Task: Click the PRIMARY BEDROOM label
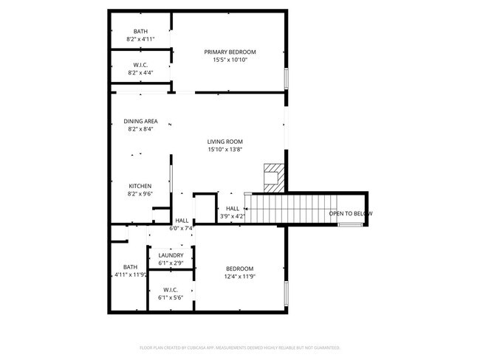pyautogui.click(x=230, y=52)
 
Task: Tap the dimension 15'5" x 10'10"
pyautogui.click(x=230, y=60)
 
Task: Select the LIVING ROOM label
pyautogui.click(x=225, y=142)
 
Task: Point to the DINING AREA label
pyautogui.click(x=140, y=121)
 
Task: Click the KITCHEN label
pyautogui.click(x=140, y=186)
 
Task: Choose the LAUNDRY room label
pyautogui.click(x=171, y=255)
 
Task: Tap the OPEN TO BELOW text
pyautogui.click(x=350, y=214)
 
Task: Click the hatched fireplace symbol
pyautogui.click(x=273, y=177)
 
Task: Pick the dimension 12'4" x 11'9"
pyautogui.click(x=240, y=277)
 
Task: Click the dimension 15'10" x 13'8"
pyautogui.click(x=225, y=150)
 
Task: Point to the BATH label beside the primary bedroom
pyautogui.click(x=140, y=31)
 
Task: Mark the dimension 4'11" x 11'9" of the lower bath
pyautogui.click(x=131, y=275)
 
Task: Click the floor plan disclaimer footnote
pyautogui.click(x=239, y=347)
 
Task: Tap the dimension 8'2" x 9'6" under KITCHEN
pyautogui.click(x=140, y=194)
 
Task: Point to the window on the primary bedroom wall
pyautogui.click(x=286, y=78)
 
